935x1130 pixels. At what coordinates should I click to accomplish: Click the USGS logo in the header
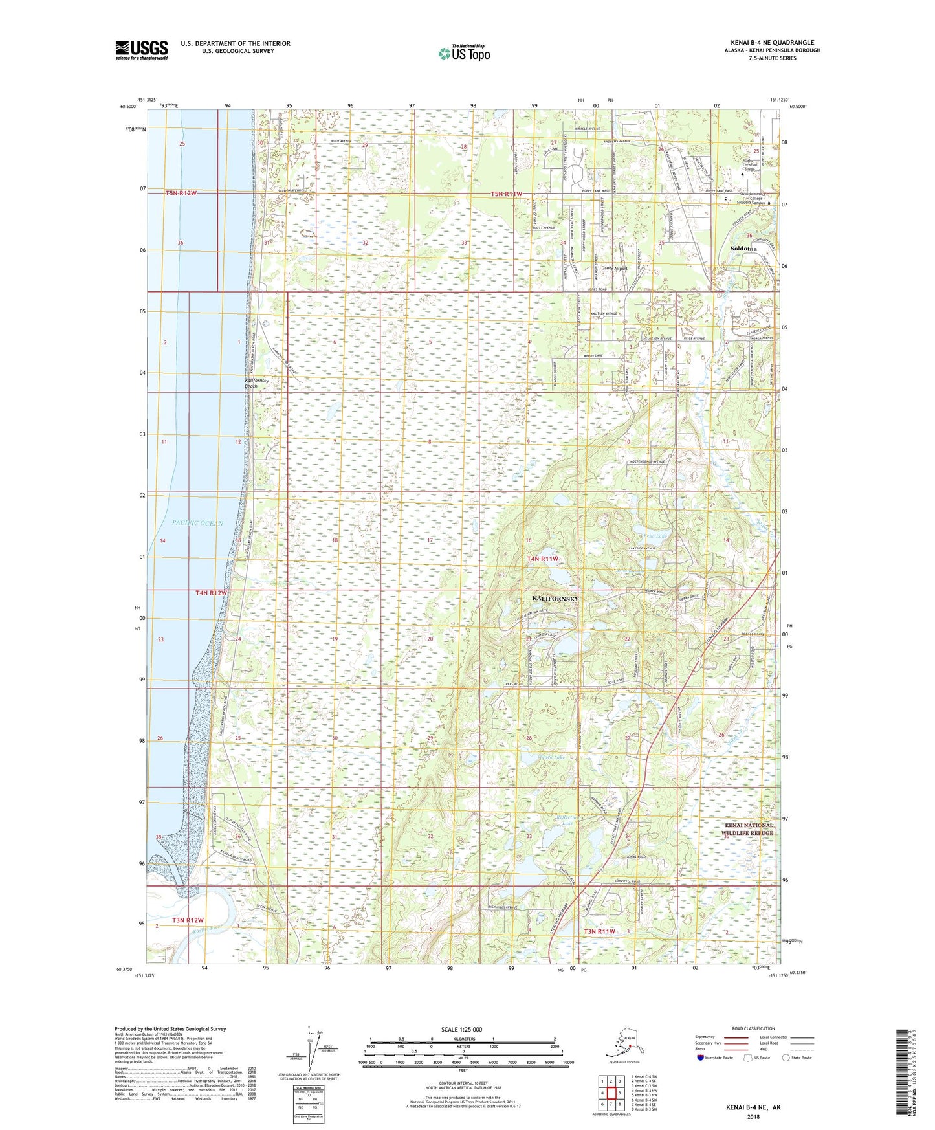pyautogui.click(x=141, y=50)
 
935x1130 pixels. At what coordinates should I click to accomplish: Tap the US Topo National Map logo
pyautogui.click(x=463, y=53)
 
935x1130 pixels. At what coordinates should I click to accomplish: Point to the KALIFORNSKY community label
pyautogui.click(x=555, y=599)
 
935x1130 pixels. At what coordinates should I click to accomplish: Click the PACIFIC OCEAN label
pyautogui.click(x=197, y=523)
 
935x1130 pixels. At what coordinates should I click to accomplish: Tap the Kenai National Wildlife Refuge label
pyautogui.click(x=748, y=829)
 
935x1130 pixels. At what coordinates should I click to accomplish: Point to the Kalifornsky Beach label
pyautogui.click(x=251, y=382)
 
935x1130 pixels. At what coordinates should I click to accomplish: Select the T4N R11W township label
pyautogui.click(x=542, y=559)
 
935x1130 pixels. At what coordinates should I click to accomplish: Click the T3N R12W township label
pyautogui.click(x=188, y=920)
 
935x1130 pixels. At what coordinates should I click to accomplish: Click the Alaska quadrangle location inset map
pyautogui.click(x=627, y=1047)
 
